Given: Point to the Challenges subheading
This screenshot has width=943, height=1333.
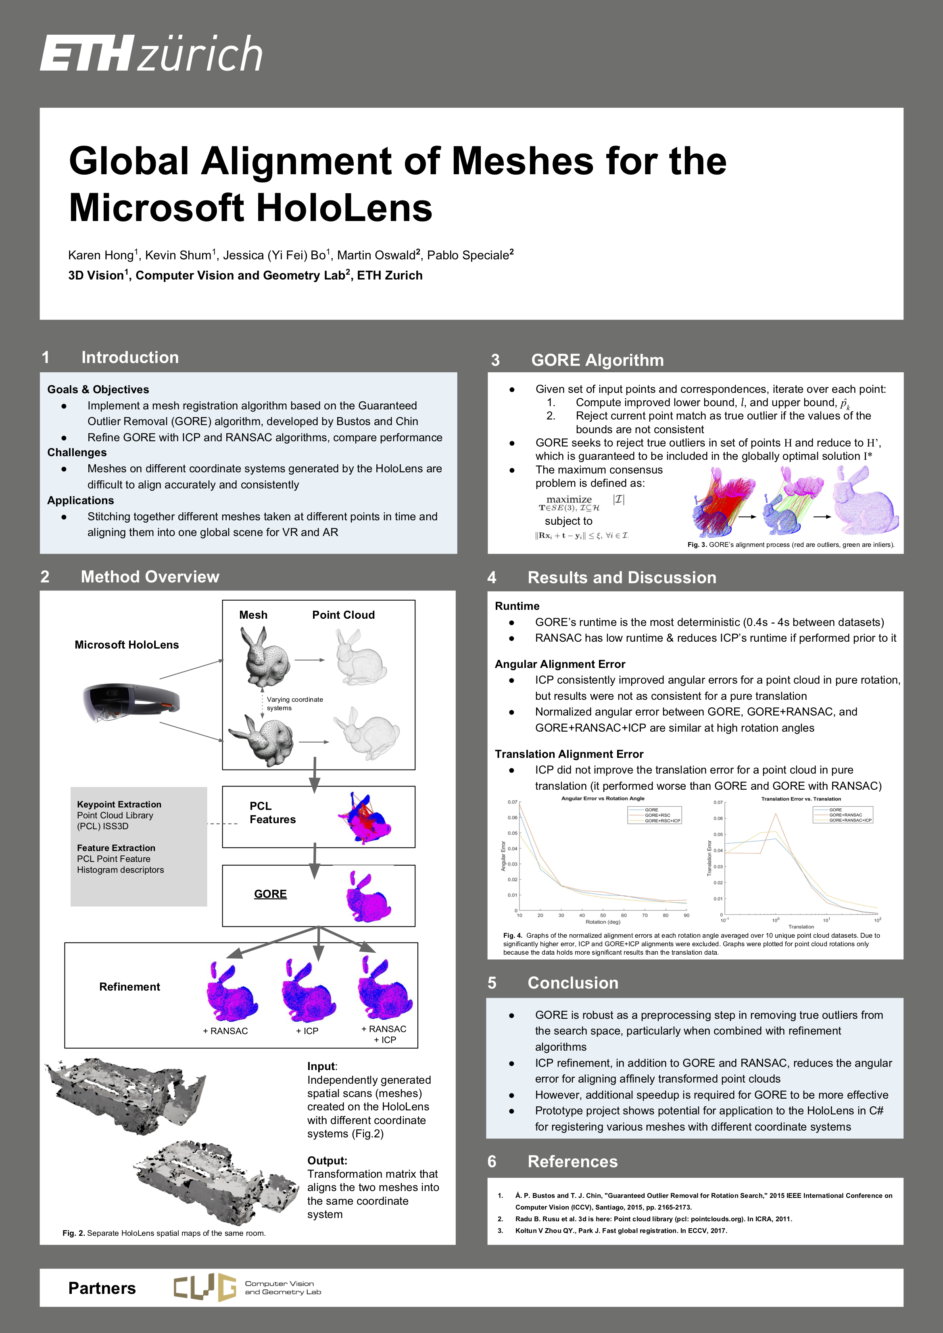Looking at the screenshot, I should click(77, 452).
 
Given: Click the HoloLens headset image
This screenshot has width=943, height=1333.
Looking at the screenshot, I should click(131, 701).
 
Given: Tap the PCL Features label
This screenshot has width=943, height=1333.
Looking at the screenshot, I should click(272, 812).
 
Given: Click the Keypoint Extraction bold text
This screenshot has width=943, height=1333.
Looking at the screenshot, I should click(119, 804).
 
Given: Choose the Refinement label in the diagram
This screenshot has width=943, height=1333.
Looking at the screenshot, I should click(129, 987).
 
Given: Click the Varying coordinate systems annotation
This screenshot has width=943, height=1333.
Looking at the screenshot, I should click(294, 704).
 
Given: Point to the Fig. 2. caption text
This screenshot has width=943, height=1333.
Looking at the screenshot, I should click(164, 1233).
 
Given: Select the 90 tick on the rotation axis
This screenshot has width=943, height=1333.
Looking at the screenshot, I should click(686, 915).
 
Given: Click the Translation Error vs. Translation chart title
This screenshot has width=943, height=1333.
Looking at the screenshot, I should click(801, 799).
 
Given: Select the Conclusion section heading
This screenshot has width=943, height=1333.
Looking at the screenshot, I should click(573, 983).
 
